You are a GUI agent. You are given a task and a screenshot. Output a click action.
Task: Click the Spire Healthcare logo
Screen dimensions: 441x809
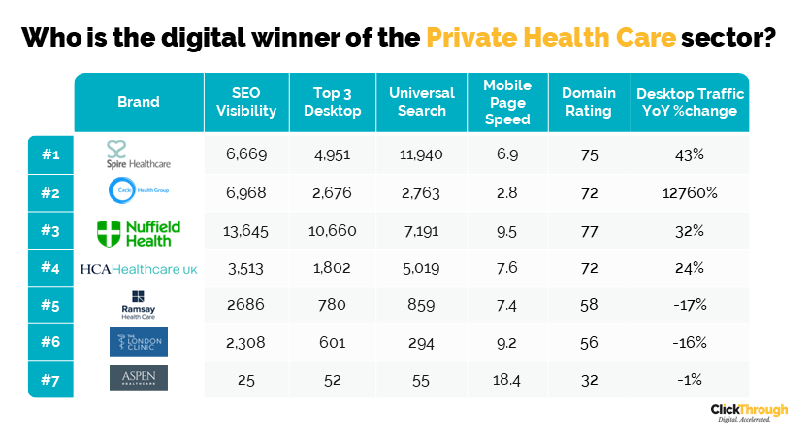[x=138, y=155]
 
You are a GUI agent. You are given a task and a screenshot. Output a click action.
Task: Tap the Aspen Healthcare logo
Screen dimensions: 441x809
[x=138, y=378]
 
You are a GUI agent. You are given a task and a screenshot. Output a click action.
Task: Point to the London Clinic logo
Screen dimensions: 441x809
[x=138, y=342]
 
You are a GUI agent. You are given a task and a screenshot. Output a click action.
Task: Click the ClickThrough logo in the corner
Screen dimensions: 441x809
[x=749, y=413]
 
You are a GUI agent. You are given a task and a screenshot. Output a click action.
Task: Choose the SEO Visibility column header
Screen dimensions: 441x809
[x=245, y=102]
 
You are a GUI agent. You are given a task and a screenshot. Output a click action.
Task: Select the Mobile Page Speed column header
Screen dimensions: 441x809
[x=507, y=102]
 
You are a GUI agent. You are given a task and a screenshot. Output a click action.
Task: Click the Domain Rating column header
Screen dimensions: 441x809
[x=589, y=102]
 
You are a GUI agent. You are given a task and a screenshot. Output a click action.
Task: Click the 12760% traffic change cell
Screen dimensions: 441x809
[x=690, y=193]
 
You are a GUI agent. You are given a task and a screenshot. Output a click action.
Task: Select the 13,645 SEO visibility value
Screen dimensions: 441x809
[x=245, y=231]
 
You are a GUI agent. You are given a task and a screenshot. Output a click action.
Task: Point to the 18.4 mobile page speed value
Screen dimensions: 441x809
[x=507, y=379]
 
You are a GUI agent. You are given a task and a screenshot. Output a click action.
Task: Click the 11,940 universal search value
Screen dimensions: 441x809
[x=421, y=155]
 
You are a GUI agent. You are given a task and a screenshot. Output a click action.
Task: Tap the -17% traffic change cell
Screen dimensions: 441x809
[x=690, y=305]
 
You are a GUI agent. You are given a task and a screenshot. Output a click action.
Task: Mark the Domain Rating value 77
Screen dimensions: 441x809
[x=589, y=231]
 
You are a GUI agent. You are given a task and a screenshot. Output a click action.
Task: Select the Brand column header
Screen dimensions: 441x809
[x=138, y=102]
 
